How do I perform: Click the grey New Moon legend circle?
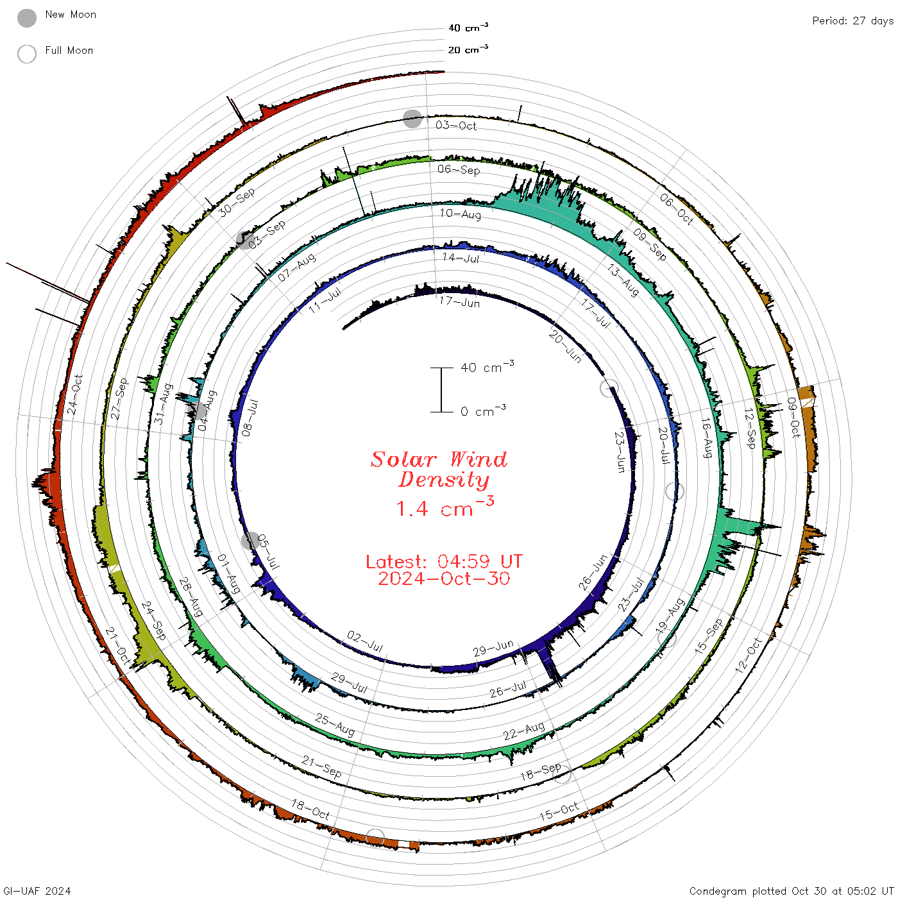(27, 18)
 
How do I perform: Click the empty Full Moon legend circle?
(27, 54)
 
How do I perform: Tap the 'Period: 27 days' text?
(853, 21)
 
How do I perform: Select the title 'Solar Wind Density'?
(439, 470)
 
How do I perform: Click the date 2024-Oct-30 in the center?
(444, 579)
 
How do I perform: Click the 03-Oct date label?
(456, 125)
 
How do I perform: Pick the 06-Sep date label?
(459, 169)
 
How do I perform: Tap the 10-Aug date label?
(461, 214)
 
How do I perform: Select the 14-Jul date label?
(461, 258)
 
